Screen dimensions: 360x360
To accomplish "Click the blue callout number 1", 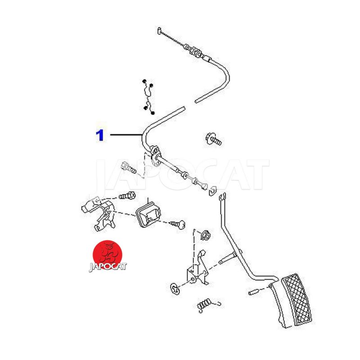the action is pyautogui.click(x=100, y=135).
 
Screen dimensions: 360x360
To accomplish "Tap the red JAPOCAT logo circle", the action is pyautogui.click(x=107, y=254).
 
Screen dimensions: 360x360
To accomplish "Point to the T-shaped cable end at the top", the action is pyautogui.click(x=160, y=31).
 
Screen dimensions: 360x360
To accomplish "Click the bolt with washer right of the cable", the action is pyautogui.click(x=213, y=139).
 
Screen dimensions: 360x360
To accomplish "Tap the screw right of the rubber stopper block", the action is pyautogui.click(x=178, y=224).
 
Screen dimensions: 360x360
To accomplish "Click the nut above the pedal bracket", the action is pyautogui.click(x=205, y=234).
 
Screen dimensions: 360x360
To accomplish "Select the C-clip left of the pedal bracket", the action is pyautogui.click(x=175, y=288).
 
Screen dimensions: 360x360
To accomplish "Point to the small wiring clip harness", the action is pyautogui.click(x=148, y=97).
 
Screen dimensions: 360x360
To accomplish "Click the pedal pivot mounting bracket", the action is pyautogui.click(x=198, y=269).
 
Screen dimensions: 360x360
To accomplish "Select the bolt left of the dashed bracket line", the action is pyautogui.click(x=128, y=167).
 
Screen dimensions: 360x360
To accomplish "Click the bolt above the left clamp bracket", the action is pyautogui.click(x=127, y=196).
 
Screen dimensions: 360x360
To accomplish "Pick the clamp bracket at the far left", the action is pyautogui.click(x=99, y=213).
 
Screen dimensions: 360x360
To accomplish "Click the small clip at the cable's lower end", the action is pyautogui.click(x=212, y=190).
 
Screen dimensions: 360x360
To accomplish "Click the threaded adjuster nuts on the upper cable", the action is pyautogui.click(x=194, y=51).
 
